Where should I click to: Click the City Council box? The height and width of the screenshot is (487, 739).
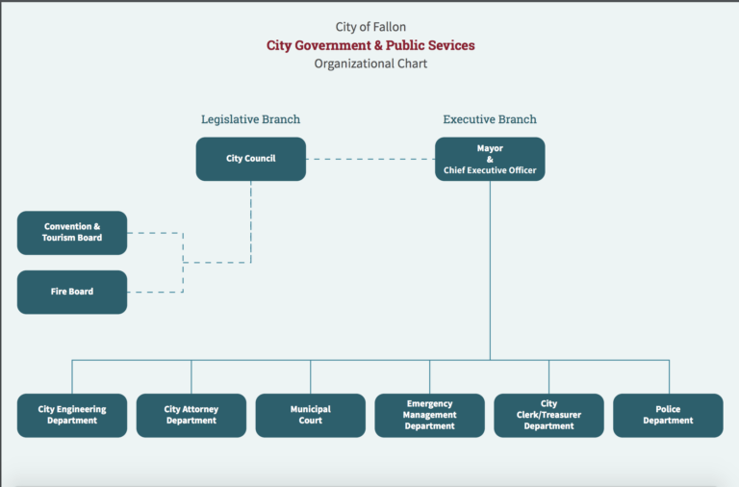(x=251, y=159)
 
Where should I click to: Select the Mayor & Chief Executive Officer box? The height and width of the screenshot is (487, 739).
(x=490, y=159)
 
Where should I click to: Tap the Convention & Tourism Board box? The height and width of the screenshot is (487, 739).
(x=72, y=233)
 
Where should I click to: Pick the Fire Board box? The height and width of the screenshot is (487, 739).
(x=72, y=292)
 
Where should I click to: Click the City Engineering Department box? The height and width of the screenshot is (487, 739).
(x=72, y=416)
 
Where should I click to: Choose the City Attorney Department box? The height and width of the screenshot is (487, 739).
(x=191, y=416)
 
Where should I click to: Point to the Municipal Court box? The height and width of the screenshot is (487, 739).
(x=311, y=416)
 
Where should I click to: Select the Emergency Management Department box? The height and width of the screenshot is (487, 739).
(x=430, y=416)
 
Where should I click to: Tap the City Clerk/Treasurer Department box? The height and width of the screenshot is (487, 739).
(x=549, y=416)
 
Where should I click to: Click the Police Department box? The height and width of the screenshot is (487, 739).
(x=669, y=416)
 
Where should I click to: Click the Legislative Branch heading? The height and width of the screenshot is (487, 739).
(x=251, y=119)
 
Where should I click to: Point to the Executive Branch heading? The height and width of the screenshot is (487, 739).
(x=490, y=119)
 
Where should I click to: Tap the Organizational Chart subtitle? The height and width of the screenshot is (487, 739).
(x=370, y=64)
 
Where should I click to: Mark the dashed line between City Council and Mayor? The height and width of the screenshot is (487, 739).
(x=370, y=160)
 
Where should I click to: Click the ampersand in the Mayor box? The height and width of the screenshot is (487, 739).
(x=490, y=160)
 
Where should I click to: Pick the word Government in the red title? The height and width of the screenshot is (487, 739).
(x=319, y=45)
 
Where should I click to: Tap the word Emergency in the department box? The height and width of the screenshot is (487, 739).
(x=430, y=404)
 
